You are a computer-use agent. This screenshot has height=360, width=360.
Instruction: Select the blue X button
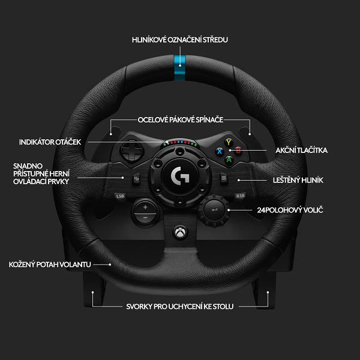coord(220,151)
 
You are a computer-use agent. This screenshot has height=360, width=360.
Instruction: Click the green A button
coord(228,160)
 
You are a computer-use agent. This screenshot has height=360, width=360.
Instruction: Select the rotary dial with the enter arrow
coord(215,209)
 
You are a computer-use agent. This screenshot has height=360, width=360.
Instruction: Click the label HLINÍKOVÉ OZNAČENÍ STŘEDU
coord(180,40)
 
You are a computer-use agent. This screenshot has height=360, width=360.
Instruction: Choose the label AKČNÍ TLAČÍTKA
coord(302,151)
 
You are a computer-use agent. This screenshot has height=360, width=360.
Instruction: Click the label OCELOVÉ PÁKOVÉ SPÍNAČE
coord(180,119)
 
